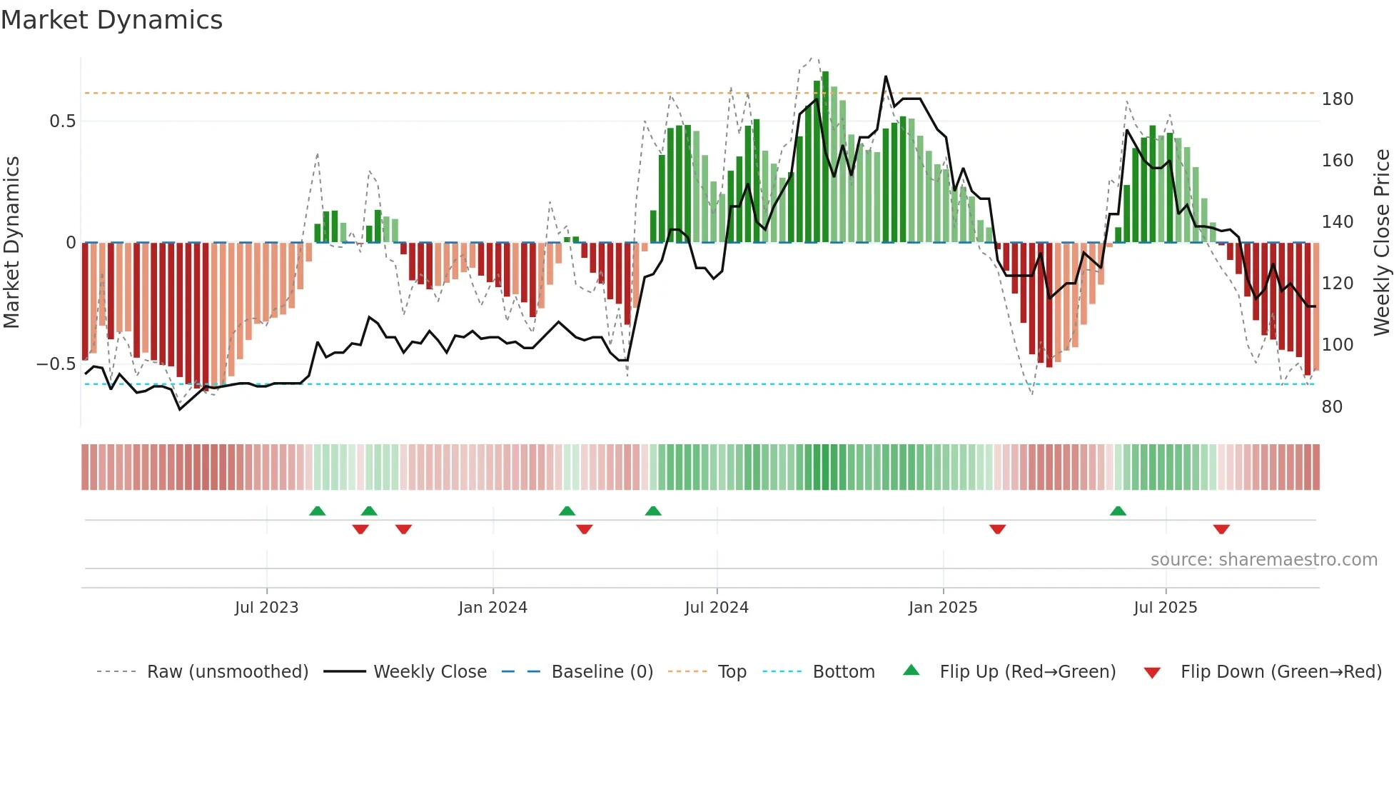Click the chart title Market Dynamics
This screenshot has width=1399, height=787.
click(111, 20)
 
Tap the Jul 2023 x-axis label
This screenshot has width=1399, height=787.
click(266, 608)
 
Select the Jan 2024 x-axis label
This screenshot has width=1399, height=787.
click(493, 608)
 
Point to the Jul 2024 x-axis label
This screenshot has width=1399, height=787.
click(716, 608)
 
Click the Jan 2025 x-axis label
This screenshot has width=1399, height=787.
click(942, 608)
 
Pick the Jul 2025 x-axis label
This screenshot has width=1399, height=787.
click(1165, 608)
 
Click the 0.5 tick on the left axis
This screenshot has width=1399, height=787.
click(62, 121)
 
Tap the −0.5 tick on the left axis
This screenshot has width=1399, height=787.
click(56, 364)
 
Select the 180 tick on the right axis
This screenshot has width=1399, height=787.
click(1337, 99)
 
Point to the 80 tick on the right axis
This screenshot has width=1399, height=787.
click(1332, 407)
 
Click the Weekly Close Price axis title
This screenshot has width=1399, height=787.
click(1382, 243)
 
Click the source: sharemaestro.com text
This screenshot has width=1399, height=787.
click(1263, 560)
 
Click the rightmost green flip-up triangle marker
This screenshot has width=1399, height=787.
click(1118, 511)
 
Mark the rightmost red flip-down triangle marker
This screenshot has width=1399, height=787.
click(1221, 529)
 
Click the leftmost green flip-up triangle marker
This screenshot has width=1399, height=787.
click(317, 511)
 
